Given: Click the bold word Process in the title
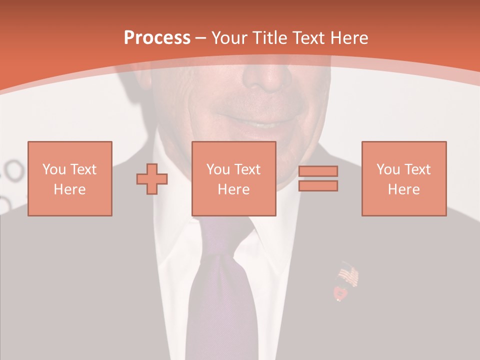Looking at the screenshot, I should (157, 37).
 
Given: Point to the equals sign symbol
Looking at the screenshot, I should (318, 178).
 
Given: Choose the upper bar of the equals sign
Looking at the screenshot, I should (318, 171).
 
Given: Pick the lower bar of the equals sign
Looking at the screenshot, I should (318, 185).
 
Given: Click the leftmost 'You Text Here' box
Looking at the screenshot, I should (69, 178).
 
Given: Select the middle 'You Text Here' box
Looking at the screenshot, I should (233, 178).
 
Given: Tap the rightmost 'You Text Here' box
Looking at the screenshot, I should (403, 178).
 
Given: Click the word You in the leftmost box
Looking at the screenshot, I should (54, 169).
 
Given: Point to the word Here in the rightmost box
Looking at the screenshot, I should (403, 189).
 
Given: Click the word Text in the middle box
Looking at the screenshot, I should (247, 169).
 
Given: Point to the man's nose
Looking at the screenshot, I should (267, 75).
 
